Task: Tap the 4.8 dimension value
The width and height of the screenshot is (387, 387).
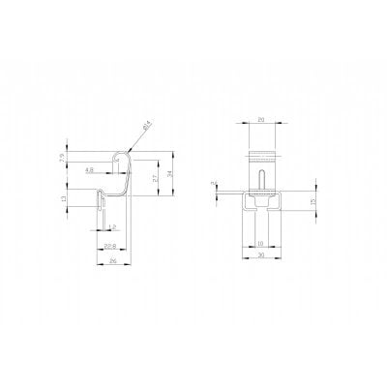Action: pyautogui.click(x=90, y=170)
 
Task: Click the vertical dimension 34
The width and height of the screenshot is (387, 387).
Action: pyautogui.click(x=170, y=174)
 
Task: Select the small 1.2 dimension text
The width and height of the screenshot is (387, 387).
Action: pyautogui.click(x=112, y=227)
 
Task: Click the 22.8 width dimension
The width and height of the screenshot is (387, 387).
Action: pyautogui.click(x=110, y=246)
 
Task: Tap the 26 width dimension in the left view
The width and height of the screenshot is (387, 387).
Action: pyautogui.click(x=112, y=261)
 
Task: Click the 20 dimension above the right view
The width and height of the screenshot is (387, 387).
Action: pyautogui.click(x=262, y=122)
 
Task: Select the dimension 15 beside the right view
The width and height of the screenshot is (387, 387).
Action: pyautogui.click(x=311, y=202)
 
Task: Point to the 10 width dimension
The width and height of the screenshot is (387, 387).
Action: pyautogui.click(x=261, y=244)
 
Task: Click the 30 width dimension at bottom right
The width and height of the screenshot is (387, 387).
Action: pyautogui.click(x=261, y=256)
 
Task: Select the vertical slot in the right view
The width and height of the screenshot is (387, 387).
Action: pyautogui.click(x=262, y=180)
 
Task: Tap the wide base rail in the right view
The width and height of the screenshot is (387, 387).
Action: pyautogui.click(x=262, y=201)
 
